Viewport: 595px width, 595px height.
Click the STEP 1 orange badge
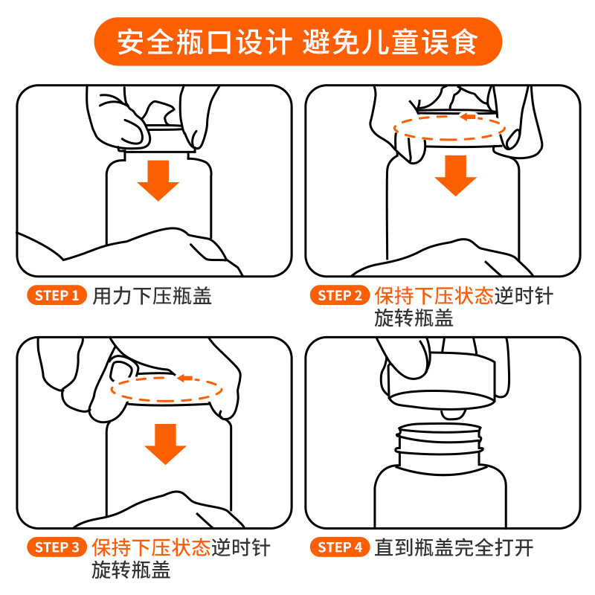click(57, 295)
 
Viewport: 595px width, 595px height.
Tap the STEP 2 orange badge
click(340, 295)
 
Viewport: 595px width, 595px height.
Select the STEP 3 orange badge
click(57, 547)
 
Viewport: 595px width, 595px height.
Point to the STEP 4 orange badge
click(340, 547)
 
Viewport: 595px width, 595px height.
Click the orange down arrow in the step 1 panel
click(158, 180)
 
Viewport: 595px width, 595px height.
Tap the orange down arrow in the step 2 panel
click(455, 176)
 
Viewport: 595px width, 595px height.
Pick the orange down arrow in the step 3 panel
click(165, 444)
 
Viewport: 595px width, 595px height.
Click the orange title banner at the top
click(298, 42)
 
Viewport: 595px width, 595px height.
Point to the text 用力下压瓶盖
click(152, 296)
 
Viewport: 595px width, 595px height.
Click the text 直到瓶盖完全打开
click(454, 547)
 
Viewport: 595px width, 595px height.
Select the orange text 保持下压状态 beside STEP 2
click(434, 295)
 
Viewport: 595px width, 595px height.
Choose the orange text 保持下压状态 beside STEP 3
click(152, 547)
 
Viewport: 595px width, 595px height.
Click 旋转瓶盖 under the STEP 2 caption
click(414, 318)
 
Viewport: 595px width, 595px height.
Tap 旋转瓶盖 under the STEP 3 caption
click(132, 570)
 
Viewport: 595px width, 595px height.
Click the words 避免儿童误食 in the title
click(390, 42)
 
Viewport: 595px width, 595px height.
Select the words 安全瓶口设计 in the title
click(205, 42)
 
